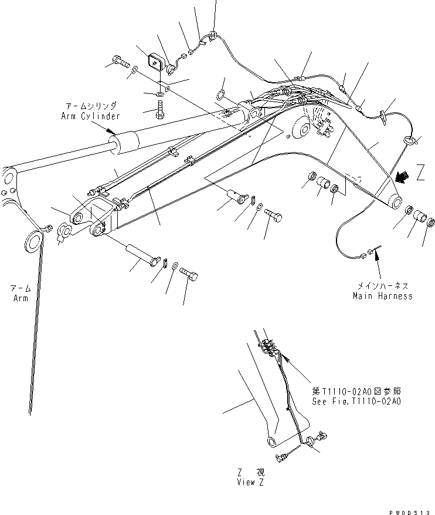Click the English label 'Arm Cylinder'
click(90, 116)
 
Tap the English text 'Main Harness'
click(382, 296)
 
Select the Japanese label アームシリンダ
click(90, 106)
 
